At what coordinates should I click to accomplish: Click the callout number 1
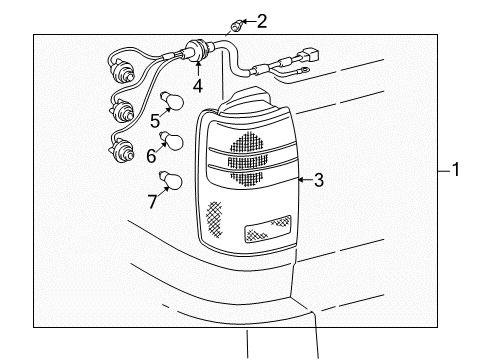click(x=455, y=170)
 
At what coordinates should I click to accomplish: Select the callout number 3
click(x=318, y=181)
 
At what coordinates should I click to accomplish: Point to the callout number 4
click(x=198, y=86)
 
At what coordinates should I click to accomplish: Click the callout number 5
click(x=155, y=122)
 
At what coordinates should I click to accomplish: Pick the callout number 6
click(x=151, y=156)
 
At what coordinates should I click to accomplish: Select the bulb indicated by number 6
click(x=174, y=141)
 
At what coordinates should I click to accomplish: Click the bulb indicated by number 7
click(x=171, y=182)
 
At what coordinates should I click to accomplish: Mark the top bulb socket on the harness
click(x=127, y=73)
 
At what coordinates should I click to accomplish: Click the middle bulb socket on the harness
click(x=122, y=110)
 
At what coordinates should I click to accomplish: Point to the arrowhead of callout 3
click(x=299, y=181)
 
